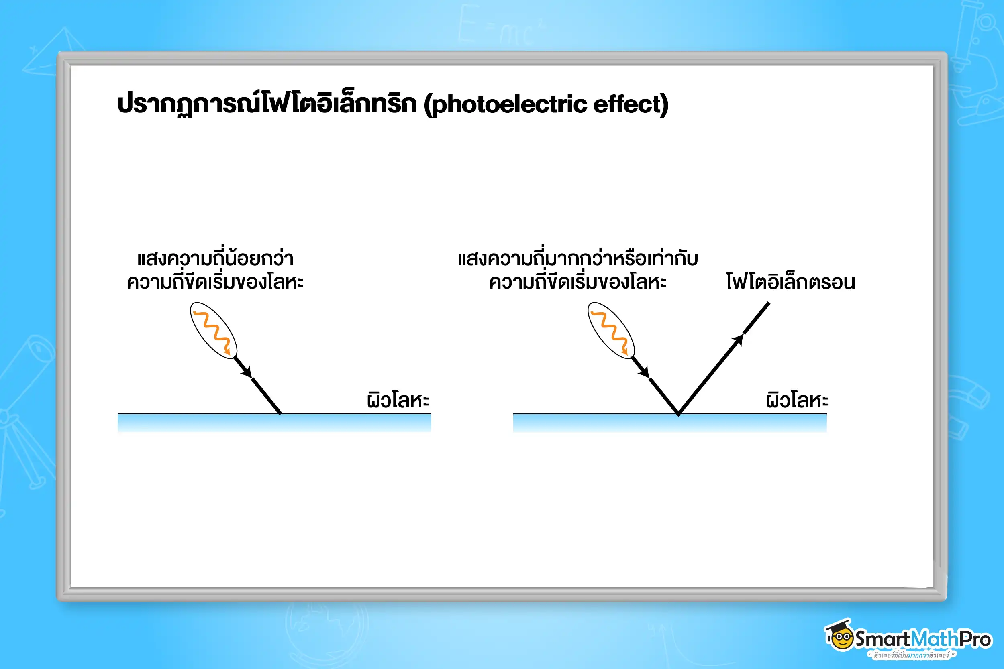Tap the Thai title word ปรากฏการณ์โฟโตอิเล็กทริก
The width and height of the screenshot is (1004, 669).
pos(267,104)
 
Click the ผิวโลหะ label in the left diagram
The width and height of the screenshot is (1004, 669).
pos(398,400)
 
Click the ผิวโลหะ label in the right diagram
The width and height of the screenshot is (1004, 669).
pos(796,400)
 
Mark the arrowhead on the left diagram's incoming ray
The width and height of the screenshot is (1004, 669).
pos(247,372)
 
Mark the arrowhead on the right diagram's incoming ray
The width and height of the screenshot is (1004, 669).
pos(644,372)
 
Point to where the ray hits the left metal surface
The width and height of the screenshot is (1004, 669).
pos(280,413)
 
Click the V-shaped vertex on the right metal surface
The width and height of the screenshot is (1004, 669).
pos(678,413)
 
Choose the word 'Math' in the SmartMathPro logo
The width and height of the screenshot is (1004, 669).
pos(935,639)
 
